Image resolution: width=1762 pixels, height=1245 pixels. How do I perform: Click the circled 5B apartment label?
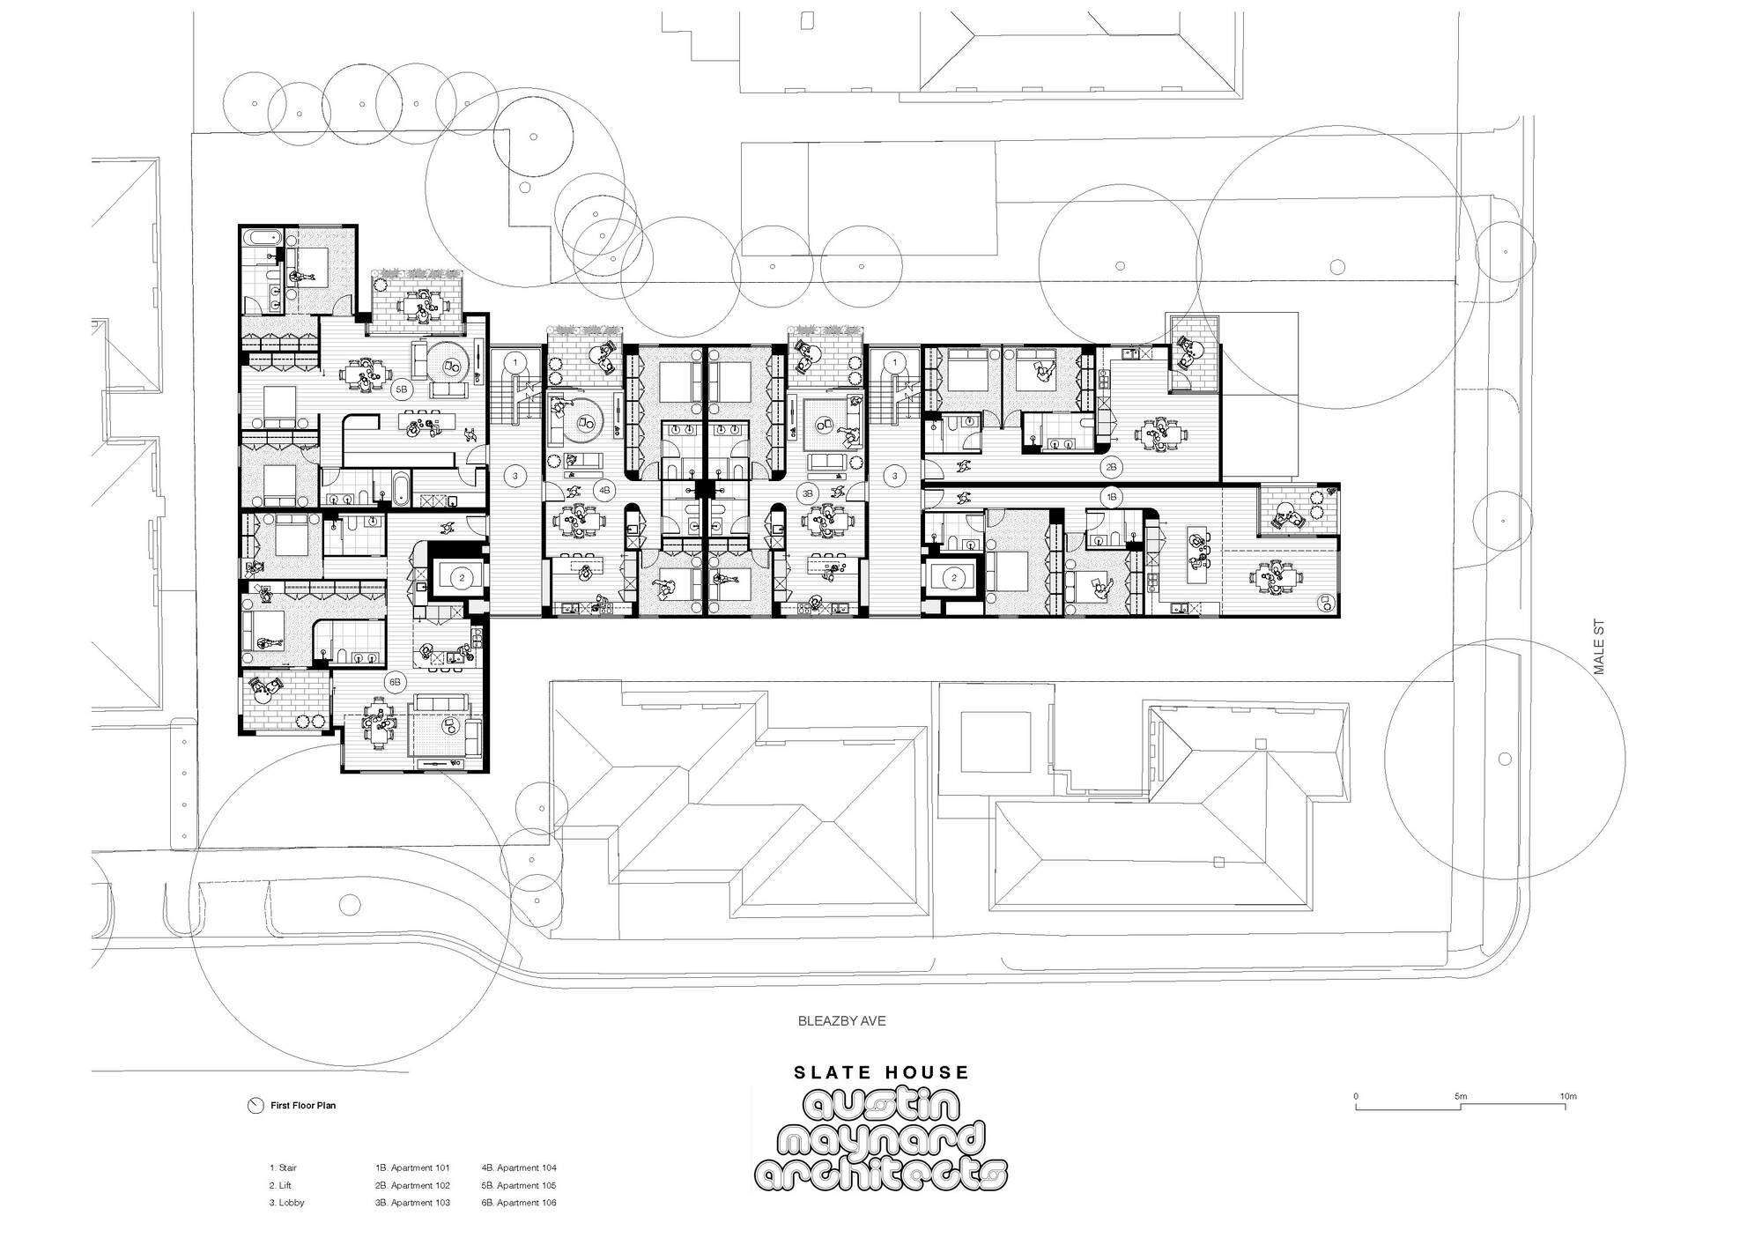[x=402, y=389]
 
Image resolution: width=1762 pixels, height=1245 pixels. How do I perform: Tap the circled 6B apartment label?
[x=396, y=681]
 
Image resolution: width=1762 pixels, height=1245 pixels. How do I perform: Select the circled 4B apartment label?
[x=604, y=490]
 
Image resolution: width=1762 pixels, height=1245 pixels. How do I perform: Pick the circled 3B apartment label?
[x=807, y=490]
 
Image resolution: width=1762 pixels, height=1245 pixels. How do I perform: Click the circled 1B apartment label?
[x=1112, y=497]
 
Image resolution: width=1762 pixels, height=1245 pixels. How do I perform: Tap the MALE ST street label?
[x=1600, y=648]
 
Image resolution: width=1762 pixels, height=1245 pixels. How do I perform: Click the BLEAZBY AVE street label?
[x=841, y=1021]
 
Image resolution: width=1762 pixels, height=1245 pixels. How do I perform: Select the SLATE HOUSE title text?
[x=881, y=1072]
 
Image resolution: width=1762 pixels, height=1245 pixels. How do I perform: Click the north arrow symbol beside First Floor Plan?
[x=255, y=1106]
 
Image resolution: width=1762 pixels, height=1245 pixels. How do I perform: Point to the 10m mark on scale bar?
[x=1567, y=1097]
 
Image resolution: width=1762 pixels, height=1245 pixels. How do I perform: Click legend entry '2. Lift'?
[x=280, y=1185]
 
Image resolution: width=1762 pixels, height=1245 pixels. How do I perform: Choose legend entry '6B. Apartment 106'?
[x=519, y=1203]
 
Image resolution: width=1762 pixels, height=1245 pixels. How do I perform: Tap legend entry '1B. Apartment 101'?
[x=412, y=1168]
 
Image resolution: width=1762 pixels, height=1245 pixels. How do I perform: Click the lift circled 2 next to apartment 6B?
[x=461, y=578]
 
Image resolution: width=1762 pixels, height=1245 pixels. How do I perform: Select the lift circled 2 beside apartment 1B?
[x=953, y=578]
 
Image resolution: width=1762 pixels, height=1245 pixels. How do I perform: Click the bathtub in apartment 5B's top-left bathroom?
[x=262, y=238]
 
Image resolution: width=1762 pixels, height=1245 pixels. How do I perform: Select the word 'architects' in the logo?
[x=881, y=1174]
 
